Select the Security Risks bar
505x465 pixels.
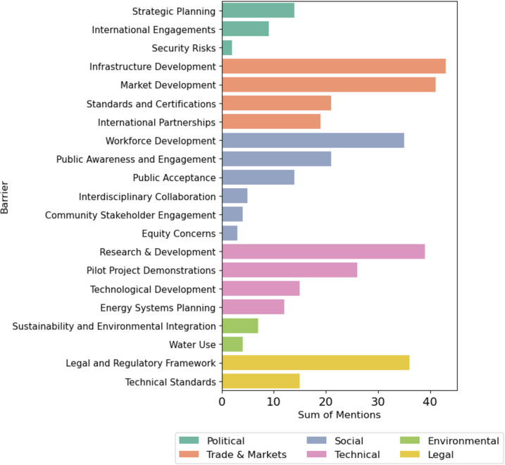coord(227,48)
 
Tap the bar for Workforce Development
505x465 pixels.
coord(313,140)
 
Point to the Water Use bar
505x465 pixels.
coord(232,345)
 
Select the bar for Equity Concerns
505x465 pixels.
coord(230,233)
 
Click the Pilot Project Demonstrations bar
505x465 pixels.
coord(289,271)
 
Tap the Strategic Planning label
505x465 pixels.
coord(174,11)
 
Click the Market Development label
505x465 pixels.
coord(168,85)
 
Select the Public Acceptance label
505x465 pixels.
coord(174,178)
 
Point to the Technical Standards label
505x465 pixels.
coord(170,382)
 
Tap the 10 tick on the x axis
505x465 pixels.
coord(274,402)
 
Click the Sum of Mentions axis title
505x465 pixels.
coord(339,415)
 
